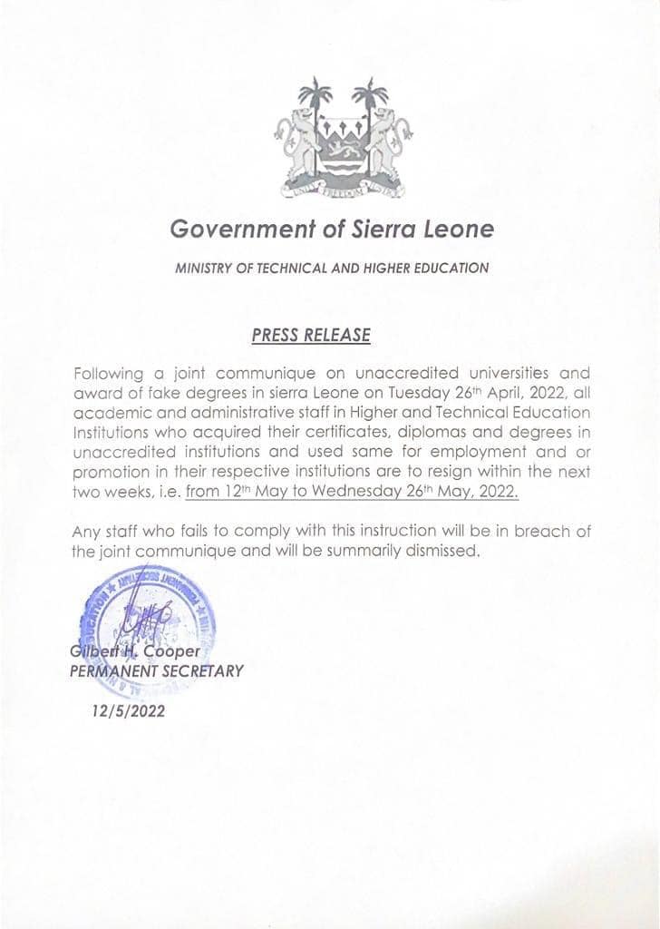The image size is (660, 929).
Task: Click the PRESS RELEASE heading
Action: click(311, 335)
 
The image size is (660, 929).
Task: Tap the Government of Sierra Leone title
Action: click(332, 230)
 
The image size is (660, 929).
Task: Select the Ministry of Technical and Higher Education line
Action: click(332, 269)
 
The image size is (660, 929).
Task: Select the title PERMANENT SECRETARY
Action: click(157, 671)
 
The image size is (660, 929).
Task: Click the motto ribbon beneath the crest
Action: click(342, 190)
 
